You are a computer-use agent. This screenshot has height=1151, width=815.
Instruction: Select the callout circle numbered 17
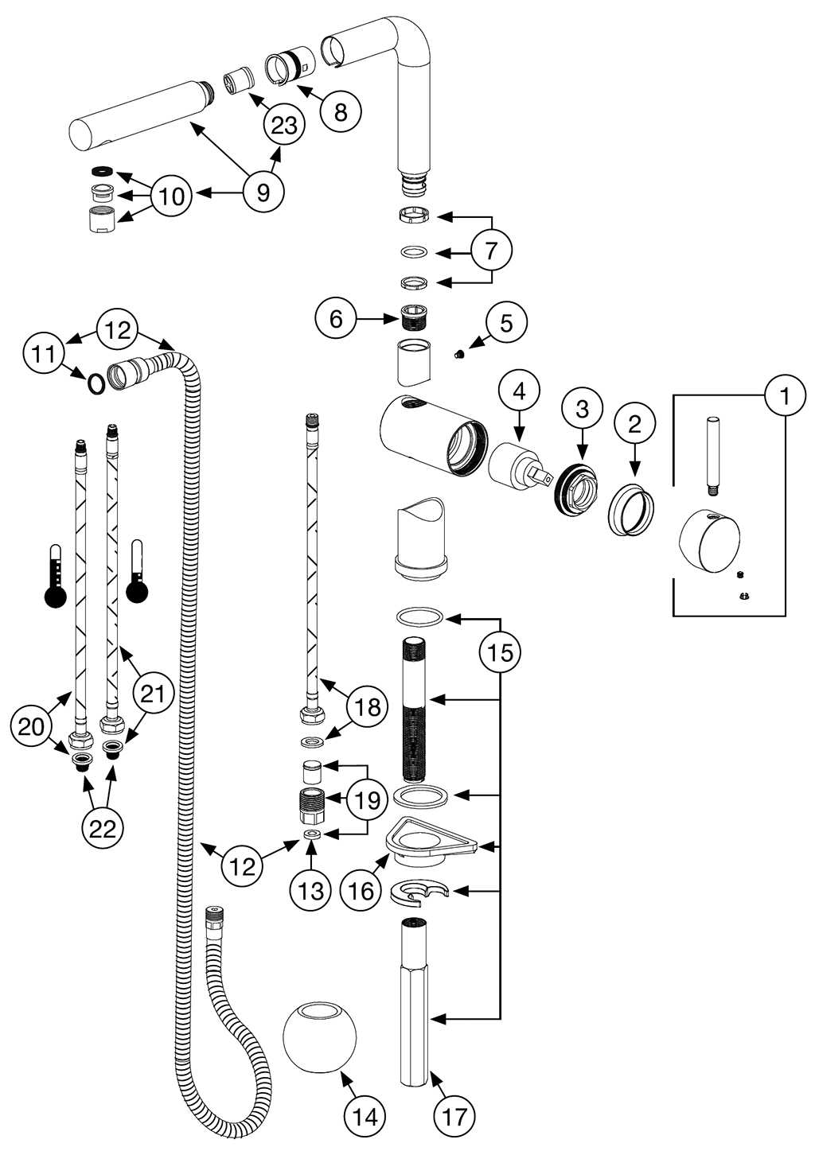point(454,1116)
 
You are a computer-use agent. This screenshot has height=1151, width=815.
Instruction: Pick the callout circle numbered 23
point(284,125)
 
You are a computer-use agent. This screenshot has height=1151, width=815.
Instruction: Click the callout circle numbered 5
point(505,322)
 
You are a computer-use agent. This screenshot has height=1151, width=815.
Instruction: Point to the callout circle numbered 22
point(103,829)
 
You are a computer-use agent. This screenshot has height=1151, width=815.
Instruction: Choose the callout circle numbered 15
point(500,652)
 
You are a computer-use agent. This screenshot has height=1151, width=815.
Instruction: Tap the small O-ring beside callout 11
point(95,384)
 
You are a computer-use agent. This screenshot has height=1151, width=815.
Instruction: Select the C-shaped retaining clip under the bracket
point(419,891)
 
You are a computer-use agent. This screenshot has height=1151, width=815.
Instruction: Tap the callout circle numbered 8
point(340,111)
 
